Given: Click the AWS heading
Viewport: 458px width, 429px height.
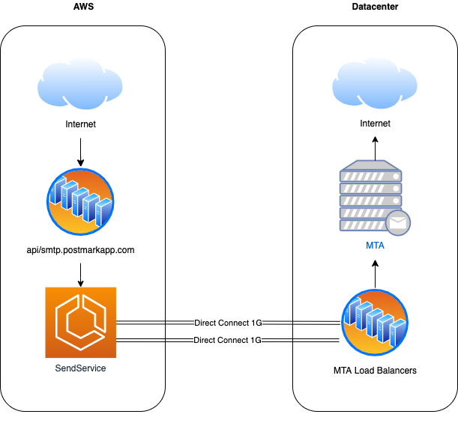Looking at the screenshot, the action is pos(83,7).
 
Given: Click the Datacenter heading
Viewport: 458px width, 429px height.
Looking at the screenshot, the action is pos(375,7).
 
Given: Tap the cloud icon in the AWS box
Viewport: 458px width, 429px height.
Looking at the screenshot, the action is pos(79,84).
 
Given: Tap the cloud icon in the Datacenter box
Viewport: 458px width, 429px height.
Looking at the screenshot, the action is pos(375,83).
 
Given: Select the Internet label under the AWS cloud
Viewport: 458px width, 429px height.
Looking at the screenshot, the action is pos(80,124).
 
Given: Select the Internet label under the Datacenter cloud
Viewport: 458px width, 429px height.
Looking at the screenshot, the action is pos(375,124).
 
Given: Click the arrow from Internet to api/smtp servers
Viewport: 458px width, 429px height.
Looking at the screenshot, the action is pos(81,152).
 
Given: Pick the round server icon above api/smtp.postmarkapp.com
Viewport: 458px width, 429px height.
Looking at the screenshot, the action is pos(80,201).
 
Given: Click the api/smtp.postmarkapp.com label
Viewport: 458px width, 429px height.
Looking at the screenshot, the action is pos(80,250).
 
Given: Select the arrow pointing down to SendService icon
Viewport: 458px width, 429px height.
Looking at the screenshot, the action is pos(81,275).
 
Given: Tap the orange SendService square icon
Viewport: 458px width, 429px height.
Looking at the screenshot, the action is pos(81,323).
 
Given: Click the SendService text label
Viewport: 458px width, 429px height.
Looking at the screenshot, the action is pos(80,368).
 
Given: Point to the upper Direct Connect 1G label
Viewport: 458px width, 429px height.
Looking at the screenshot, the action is pos(228,323).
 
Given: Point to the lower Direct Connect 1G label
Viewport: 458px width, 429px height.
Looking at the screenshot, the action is pos(227,340).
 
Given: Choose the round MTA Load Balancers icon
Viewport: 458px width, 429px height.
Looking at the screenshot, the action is pos(375,323).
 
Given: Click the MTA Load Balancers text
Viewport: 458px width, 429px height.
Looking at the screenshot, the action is pos(375,371).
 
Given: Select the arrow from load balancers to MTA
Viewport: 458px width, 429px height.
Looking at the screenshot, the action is pos(376,274).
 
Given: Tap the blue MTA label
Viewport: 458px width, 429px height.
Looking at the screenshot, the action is pos(375,246).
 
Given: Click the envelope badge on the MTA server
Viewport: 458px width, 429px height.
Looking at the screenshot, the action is pos(398,222).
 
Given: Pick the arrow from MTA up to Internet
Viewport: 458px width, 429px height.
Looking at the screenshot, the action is pos(376,148).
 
